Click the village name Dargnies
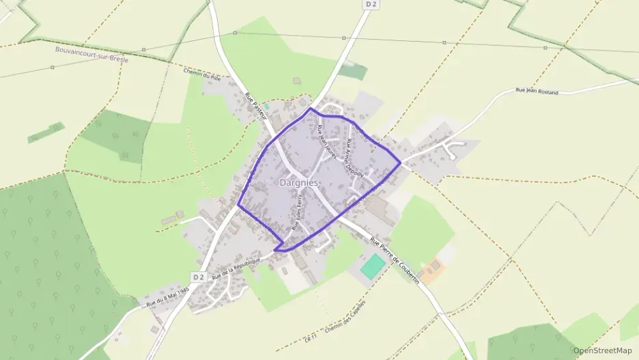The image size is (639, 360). pyautogui.click(x=299, y=183)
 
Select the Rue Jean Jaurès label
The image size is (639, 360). pyautogui.click(x=324, y=139)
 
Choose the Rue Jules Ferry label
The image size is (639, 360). pyautogui.click(x=296, y=212)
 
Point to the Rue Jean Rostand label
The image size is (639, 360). pyautogui.click(x=537, y=91)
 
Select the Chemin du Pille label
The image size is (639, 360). pyautogui.click(x=199, y=74)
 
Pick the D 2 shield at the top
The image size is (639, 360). pyautogui.click(x=371, y=4)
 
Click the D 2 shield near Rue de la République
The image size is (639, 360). pyautogui.click(x=199, y=277)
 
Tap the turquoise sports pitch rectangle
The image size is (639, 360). pyautogui.click(x=373, y=266)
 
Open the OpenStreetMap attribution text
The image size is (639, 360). pyautogui.click(x=602, y=350)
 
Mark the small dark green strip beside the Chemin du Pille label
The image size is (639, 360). pyautogui.click(x=46, y=133)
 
